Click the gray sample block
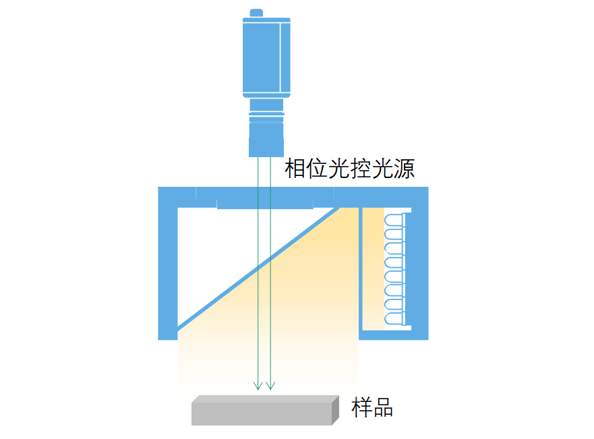265,410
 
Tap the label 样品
372,407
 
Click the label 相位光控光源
350,169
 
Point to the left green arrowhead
258,386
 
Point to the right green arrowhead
270,386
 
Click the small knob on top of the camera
256,13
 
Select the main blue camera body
266,57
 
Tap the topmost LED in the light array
394,221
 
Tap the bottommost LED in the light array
394,319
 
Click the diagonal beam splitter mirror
258,268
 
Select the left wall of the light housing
167,263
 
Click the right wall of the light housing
420,263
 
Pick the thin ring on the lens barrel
266,114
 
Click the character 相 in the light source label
295,169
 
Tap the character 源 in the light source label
405,169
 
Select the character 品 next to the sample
383,407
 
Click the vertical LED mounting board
404,269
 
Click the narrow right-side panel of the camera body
285,57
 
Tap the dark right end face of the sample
336,410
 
